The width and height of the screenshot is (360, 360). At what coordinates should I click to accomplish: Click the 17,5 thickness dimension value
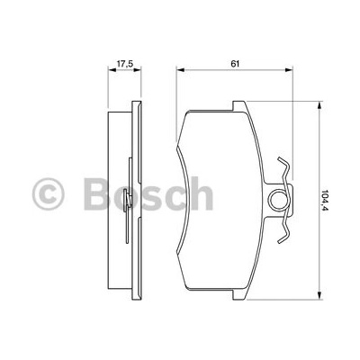tap(124, 63)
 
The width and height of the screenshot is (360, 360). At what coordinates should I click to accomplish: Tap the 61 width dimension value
tap(235, 63)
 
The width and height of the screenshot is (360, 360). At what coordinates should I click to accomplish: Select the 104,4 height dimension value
tap(324, 200)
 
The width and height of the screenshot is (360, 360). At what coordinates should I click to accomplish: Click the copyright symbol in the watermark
tap(49, 193)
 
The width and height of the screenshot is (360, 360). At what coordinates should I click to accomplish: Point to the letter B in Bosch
tap(97, 193)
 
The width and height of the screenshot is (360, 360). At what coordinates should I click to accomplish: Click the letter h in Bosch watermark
tap(201, 193)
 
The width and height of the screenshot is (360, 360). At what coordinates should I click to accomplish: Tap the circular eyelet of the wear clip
tap(277, 200)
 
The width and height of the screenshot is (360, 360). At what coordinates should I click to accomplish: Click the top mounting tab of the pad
tap(239, 105)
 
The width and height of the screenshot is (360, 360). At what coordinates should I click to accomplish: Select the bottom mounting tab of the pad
tap(239, 294)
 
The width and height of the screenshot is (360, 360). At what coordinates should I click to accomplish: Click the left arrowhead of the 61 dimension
tap(180, 70)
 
